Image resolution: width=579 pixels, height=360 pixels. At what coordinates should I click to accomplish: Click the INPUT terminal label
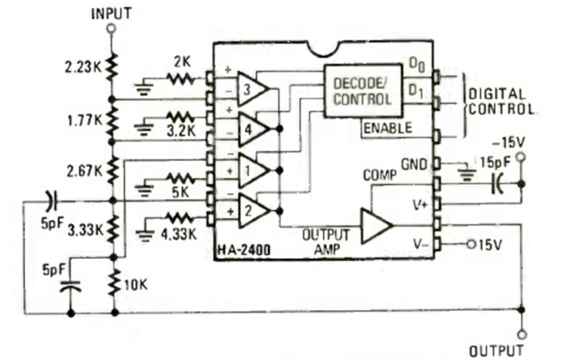pyautogui.click(x=111, y=13)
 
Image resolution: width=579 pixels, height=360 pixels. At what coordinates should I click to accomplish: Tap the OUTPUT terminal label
pyautogui.click(x=495, y=350)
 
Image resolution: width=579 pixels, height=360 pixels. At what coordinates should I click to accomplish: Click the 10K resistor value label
pyautogui.click(x=136, y=285)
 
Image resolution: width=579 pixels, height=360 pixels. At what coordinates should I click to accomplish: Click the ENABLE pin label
pyautogui.click(x=387, y=128)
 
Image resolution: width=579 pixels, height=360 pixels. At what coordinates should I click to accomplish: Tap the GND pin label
pyautogui.click(x=415, y=163)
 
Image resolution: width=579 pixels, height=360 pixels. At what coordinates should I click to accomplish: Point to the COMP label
pyautogui.click(x=378, y=175)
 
